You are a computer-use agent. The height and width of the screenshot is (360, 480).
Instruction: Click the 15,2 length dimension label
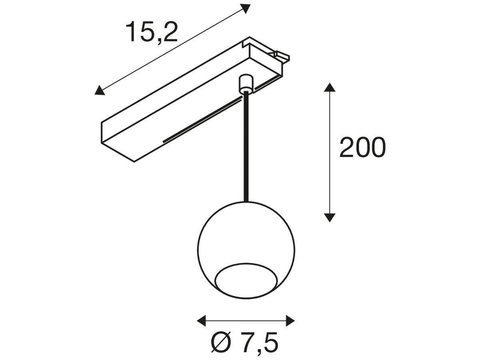point(152,32)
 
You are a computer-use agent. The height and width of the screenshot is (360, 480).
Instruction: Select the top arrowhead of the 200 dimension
point(329,88)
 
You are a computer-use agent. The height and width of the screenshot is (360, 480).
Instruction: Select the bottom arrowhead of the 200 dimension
point(329,217)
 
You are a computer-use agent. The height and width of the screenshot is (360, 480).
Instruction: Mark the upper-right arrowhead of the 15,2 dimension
point(245,8)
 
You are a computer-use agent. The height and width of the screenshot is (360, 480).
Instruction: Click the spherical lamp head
point(246,236)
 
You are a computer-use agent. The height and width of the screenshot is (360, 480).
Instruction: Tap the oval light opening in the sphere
point(246,281)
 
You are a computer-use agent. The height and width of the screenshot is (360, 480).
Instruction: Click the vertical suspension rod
point(246,148)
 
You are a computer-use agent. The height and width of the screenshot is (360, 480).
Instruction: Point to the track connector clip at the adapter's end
point(281,56)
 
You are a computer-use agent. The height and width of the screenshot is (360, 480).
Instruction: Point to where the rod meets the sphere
point(246,201)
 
